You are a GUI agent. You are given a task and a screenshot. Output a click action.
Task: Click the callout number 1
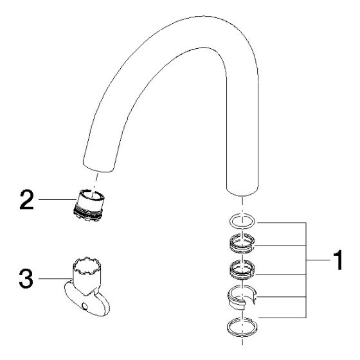coord(337,260)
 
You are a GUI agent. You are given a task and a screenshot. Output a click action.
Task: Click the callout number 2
coord(26,199)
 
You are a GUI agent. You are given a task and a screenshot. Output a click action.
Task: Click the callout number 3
coord(26,279)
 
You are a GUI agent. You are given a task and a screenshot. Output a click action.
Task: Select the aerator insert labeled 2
coord(89,206)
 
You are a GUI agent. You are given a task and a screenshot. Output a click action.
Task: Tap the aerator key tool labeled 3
coord(87,287)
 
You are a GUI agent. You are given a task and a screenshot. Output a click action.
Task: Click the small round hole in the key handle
coord(84,306)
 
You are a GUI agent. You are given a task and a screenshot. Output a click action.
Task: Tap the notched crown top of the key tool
coord(87,265)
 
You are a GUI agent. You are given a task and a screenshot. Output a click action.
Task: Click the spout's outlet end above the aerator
coord(98,166)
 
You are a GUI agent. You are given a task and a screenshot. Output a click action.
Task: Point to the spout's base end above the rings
coord(242,190)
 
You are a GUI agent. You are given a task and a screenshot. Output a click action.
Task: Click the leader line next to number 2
coord(57,199)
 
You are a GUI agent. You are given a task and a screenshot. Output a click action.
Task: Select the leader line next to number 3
coord(56,279)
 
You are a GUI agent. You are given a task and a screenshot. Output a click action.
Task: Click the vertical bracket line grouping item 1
coord(306,270)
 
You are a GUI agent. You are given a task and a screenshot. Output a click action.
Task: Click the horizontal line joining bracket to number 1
coord(318,260)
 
